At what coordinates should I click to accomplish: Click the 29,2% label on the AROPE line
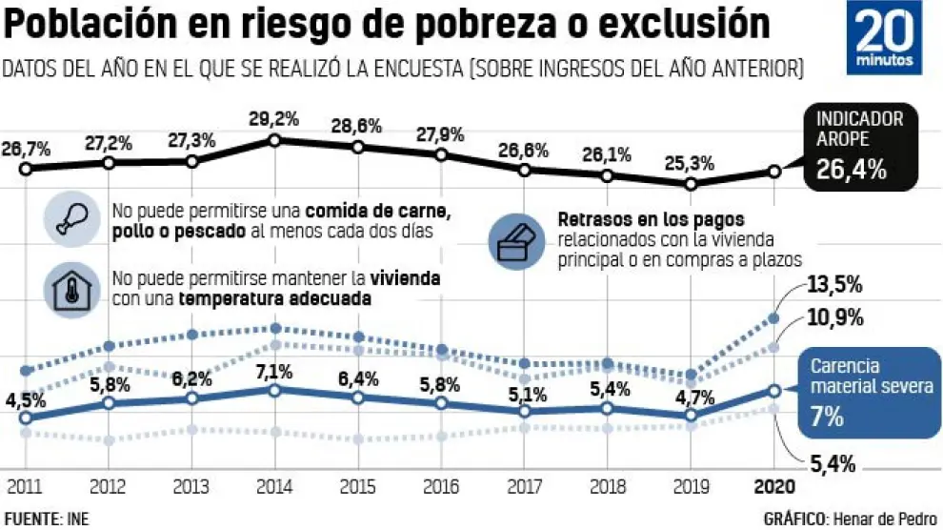tap(274, 119)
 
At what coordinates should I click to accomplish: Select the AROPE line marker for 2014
tap(274, 140)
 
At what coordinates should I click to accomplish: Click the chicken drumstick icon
tap(73, 219)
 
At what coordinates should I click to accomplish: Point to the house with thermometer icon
tap(73, 289)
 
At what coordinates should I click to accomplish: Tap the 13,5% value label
tap(834, 285)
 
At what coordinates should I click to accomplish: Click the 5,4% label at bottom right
tap(831, 465)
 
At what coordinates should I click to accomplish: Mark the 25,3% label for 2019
tap(692, 162)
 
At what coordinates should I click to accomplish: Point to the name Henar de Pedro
tap(885, 519)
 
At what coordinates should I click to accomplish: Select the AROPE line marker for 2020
tap(773, 172)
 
